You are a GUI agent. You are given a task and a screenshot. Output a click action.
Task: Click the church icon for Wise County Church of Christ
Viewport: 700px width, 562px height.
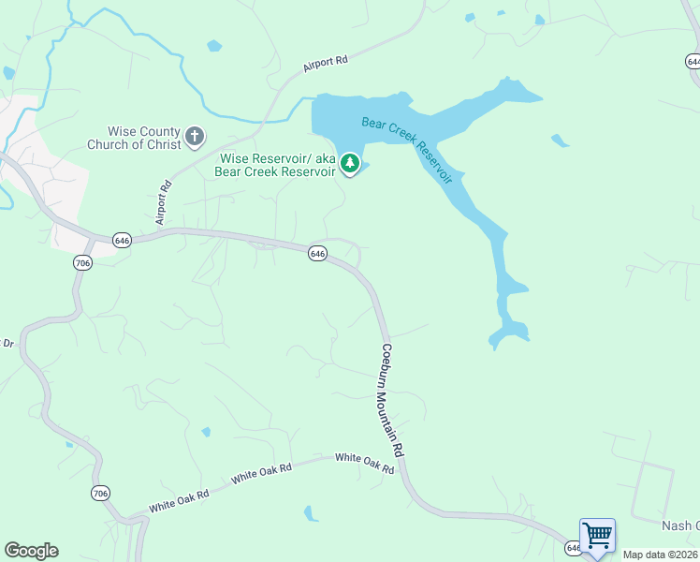click(x=195, y=138)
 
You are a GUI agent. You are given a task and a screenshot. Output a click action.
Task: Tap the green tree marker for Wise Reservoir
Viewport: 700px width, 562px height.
click(x=350, y=165)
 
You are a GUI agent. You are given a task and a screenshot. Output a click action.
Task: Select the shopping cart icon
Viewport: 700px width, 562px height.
click(x=597, y=537)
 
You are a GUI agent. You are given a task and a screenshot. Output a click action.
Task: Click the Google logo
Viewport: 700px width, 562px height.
click(x=31, y=551)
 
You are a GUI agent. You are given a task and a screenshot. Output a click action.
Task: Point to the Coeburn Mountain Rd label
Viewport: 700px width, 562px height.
click(x=393, y=400)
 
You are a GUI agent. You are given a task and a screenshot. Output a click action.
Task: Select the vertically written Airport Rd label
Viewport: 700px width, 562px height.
click(x=165, y=202)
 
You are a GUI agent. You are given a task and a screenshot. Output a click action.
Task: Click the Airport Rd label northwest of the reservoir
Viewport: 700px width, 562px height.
click(x=326, y=64)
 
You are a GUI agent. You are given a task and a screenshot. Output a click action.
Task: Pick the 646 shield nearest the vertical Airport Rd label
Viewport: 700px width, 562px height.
click(x=123, y=241)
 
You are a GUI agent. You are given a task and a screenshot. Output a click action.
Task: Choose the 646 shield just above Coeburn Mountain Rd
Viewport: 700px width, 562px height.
click(x=317, y=254)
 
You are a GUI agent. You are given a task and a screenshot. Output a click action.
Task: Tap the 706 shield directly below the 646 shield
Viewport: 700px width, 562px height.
click(x=82, y=264)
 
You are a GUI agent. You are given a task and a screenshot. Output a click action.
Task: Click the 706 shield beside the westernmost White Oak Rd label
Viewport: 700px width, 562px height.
click(x=100, y=493)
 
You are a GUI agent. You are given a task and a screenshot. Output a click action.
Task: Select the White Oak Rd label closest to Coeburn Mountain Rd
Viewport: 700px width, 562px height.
click(x=364, y=463)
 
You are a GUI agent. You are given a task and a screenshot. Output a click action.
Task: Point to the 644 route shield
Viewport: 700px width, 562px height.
click(x=693, y=61)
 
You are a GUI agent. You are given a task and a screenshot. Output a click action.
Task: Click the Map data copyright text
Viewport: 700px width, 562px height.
click(x=661, y=555)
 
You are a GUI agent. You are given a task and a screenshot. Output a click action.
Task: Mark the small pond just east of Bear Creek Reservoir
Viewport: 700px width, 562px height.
click(x=560, y=140)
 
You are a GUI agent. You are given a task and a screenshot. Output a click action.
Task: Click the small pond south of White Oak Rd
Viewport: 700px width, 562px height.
click(x=310, y=512)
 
